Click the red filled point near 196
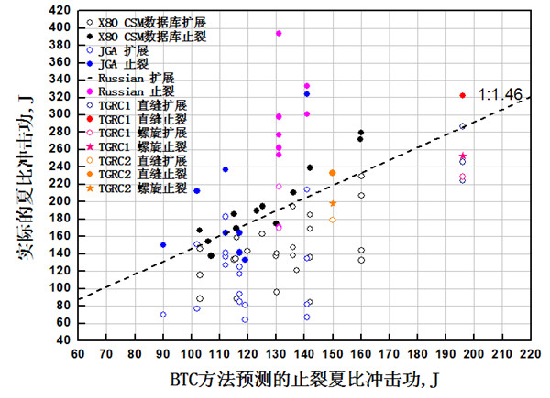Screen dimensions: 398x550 click(x=463, y=95)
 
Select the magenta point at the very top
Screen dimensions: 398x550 click(x=279, y=33)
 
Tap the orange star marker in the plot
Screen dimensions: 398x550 click(x=333, y=203)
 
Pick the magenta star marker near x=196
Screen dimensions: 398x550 click(x=463, y=156)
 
